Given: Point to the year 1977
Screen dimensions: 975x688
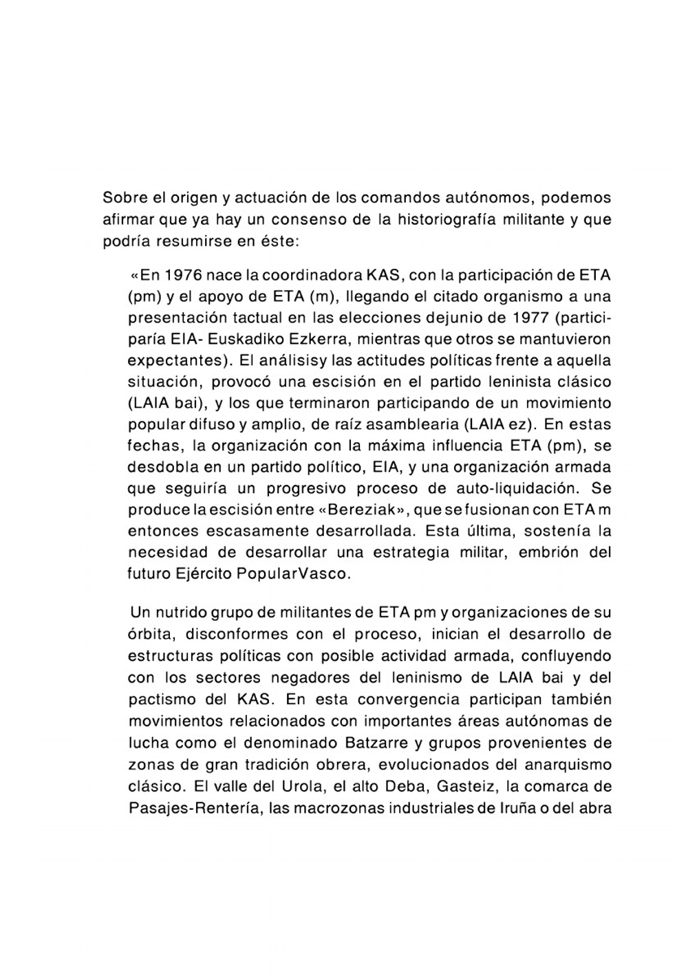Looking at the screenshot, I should tap(530, 318).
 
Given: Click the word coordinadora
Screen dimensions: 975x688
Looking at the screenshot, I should tap(311, 276).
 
